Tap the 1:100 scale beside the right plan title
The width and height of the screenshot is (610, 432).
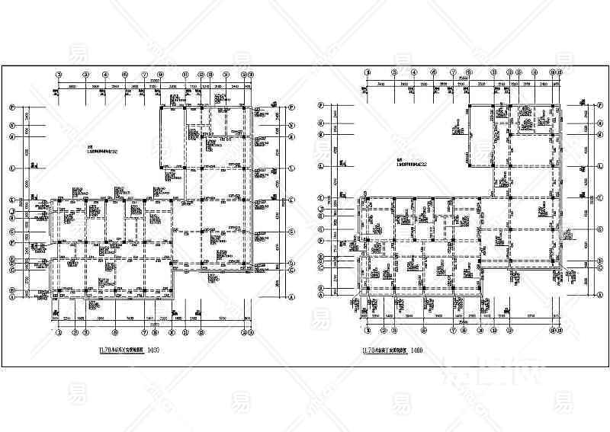pos(416,351)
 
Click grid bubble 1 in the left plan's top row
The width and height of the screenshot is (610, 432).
pos(59,75)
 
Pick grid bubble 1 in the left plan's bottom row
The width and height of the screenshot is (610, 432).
pos(59,332)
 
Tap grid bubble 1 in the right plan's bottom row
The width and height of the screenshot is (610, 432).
pos(368,331)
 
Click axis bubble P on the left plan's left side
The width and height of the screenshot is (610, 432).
pos(12,107)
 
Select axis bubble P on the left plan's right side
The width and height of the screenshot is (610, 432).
pos(292,107)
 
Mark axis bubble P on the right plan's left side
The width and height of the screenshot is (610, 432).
pos(322,105)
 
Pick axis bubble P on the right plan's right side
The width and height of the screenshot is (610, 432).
pos(598,105)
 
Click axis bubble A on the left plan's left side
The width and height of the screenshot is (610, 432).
pos(12,295)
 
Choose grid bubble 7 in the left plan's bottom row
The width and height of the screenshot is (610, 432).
pos(144,332)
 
